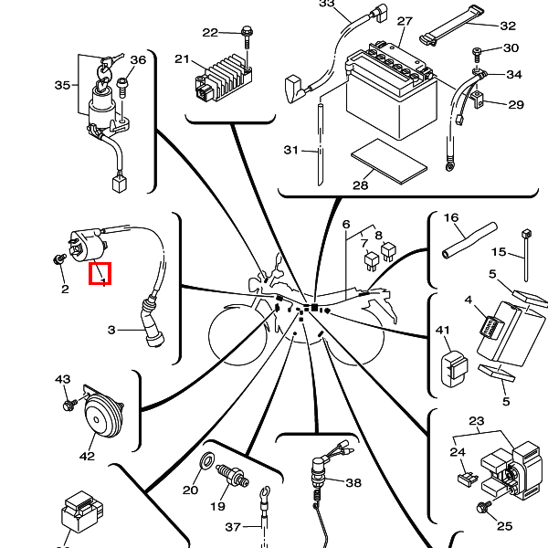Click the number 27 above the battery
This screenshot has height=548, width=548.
(x=405, y=21)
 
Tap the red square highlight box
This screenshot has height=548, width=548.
(x=100, y=273)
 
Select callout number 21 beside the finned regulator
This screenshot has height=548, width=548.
(x=182, y=59)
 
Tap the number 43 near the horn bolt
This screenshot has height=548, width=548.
(x=62, y=379)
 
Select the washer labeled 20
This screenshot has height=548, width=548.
(x=207, y=460)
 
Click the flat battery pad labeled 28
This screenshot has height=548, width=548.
(x=389, y=161)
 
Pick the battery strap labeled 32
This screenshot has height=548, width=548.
(x=451, y=26)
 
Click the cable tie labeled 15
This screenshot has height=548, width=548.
(x=526, y=255)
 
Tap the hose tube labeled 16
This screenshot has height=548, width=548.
(x=469, y=240)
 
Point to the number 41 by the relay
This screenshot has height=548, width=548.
(x=442, y=331)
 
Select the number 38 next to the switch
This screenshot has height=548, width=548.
(x=353, y=482)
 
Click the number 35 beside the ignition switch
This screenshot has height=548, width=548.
(x=62, y=85)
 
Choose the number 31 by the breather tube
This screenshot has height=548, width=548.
(x=291, y=150)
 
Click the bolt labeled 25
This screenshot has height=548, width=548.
(x=484, y=507)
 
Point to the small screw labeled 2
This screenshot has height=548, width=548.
(x=59, y=259)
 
